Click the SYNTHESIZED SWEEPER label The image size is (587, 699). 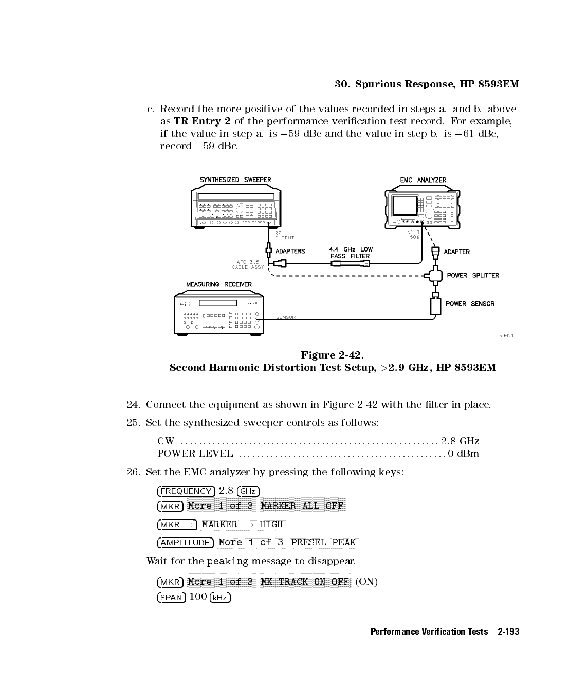tap(235, 180)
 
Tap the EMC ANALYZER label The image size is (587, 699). tap(423, 180)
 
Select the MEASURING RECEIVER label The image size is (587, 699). tap(219, 284)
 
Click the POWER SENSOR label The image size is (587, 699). tap(470, 303)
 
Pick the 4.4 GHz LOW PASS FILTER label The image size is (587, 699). tap(351, 253)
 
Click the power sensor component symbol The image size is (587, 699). tap(436, 305)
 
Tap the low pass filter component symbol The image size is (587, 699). tap(351, 263)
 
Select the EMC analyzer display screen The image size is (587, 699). tap(405, 206)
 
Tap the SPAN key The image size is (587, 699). tap(171, 597)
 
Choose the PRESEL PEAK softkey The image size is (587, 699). tap(323, 542)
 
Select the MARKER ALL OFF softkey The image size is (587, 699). tap(302, 506)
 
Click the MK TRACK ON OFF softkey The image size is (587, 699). tap(305, 582)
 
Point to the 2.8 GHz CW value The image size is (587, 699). tap(460, 441)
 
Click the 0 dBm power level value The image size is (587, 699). tap(464, 453)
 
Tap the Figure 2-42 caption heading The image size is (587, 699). tap(333, 355)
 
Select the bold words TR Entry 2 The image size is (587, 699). tap(202, 121)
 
